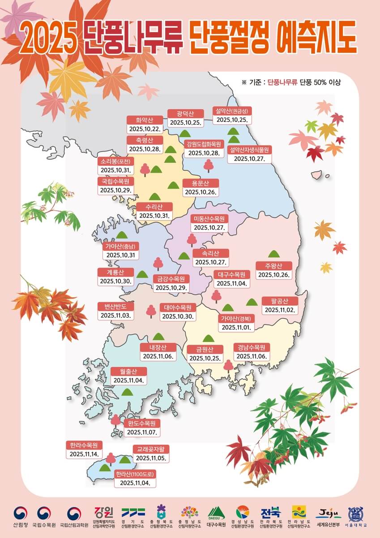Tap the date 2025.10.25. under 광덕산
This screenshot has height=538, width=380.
[185, 122]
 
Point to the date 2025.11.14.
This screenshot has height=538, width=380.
[84, 454]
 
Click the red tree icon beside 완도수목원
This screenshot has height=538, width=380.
[116, 421]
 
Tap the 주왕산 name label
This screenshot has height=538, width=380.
[274, 266]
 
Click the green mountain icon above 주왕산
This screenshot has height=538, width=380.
[274, 254]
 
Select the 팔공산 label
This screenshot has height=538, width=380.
[280, 301]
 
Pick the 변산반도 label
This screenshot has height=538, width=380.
[115, 307]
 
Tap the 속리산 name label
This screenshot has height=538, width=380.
[211, 253]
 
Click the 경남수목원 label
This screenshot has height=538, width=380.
[252, 347]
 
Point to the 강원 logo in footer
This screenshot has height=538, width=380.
[104, 512]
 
